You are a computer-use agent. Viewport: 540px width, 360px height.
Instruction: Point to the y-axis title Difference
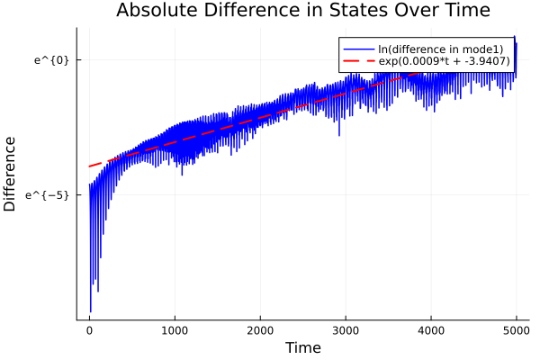[11, 174]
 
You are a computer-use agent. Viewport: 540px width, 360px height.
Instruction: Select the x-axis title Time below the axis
[302, 347]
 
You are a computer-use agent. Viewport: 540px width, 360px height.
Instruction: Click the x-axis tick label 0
[89, 330]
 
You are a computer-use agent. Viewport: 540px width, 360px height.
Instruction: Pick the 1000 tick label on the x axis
[175, 330]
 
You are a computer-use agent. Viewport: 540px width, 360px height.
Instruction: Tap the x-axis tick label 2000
[260, 330]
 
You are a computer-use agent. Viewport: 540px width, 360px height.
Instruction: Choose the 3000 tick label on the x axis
[346, 330]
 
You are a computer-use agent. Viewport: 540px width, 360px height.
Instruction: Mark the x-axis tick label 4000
[431, 330]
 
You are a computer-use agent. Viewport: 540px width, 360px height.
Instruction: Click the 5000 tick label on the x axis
[516, 330]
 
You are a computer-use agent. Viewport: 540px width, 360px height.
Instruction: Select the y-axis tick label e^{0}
[52, 60]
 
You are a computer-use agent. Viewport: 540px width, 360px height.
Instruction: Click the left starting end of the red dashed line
[89, 166]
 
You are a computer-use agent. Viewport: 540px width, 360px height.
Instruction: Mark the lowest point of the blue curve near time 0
[90, 311]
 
